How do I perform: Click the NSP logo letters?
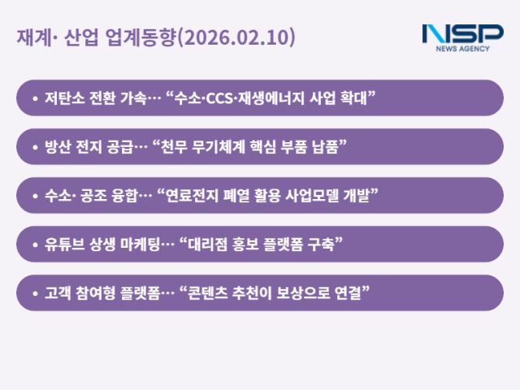(462, 34)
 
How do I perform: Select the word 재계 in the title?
(30, 37)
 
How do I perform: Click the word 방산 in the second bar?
(57, 147)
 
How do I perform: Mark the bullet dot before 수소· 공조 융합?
(34, 196)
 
